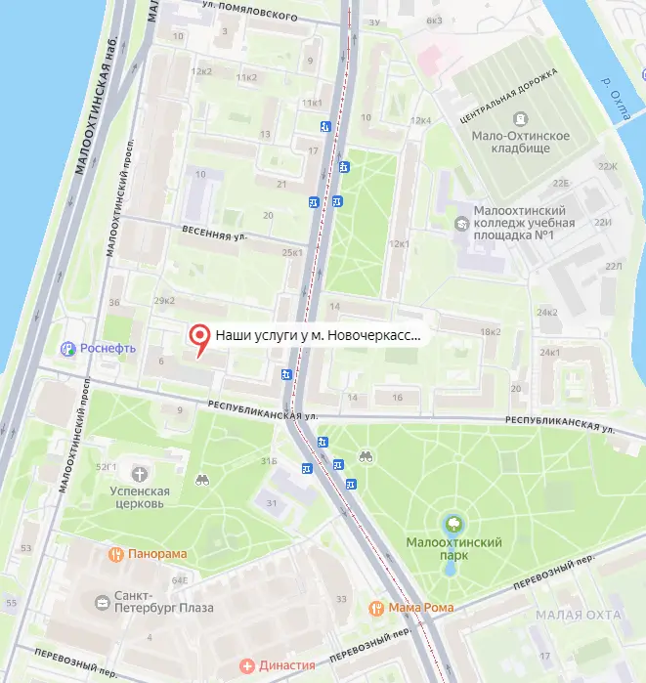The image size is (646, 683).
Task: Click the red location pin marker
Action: (199, 337)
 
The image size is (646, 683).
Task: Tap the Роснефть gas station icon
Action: (68, 348)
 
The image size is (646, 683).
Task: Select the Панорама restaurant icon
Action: (115, 554)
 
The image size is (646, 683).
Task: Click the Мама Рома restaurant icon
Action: (375, 608)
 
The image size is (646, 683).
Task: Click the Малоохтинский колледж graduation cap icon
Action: (461, 223)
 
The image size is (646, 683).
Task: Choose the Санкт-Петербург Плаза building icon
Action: (103, 603)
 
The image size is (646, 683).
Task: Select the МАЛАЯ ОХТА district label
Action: (579, 614)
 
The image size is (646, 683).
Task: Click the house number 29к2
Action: (165, 300)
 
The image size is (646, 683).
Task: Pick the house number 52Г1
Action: (106, 468)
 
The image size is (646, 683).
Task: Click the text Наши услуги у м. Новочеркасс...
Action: (319, 335)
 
